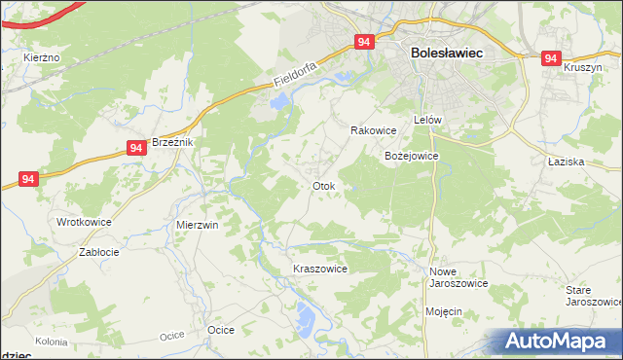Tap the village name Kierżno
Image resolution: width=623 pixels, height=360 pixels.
click(42, 58)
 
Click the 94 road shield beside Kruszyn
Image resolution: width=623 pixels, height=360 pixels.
click(552, 58)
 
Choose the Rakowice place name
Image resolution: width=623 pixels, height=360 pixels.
click(373, 130)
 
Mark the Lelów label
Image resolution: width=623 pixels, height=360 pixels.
click(428, 120)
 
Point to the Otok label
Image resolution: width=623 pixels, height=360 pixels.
click(323, 186)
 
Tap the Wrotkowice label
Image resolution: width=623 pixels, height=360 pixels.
click(84, 222)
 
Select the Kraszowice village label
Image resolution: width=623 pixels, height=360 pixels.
click(320, 269)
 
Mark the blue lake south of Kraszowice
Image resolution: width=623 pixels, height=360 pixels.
click(306, 315)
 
